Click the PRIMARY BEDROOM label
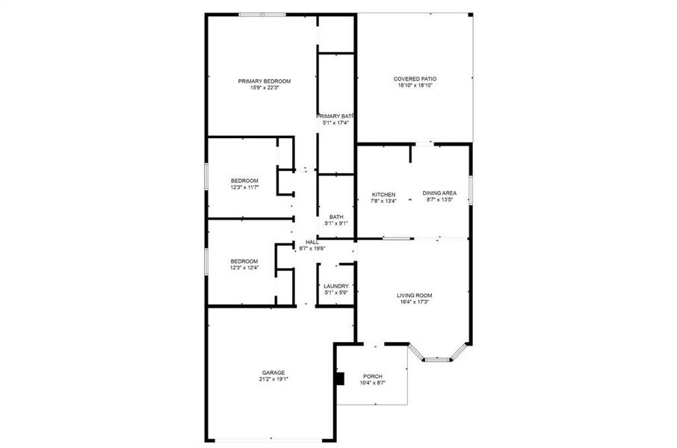click(x=265, y=81)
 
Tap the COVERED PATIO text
click(x=415, y=78)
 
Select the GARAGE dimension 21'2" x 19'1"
click(x=273, y=379)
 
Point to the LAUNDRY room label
click(x=336, y=286)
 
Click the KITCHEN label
click(x=384, y=194)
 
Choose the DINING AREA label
click(x=439, y=193)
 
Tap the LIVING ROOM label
click(x=414, y=296)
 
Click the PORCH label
click(x=372, y=376)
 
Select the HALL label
click(x=312, y=242)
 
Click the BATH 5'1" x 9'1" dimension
click(x=336, y=223)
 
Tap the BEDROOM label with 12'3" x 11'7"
click(x=244, y=181)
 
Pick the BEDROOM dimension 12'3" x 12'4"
click(x=244, y=268)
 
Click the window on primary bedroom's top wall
click(x=262, y=14)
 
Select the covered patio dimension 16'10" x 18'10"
click(x=415, y=86)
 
